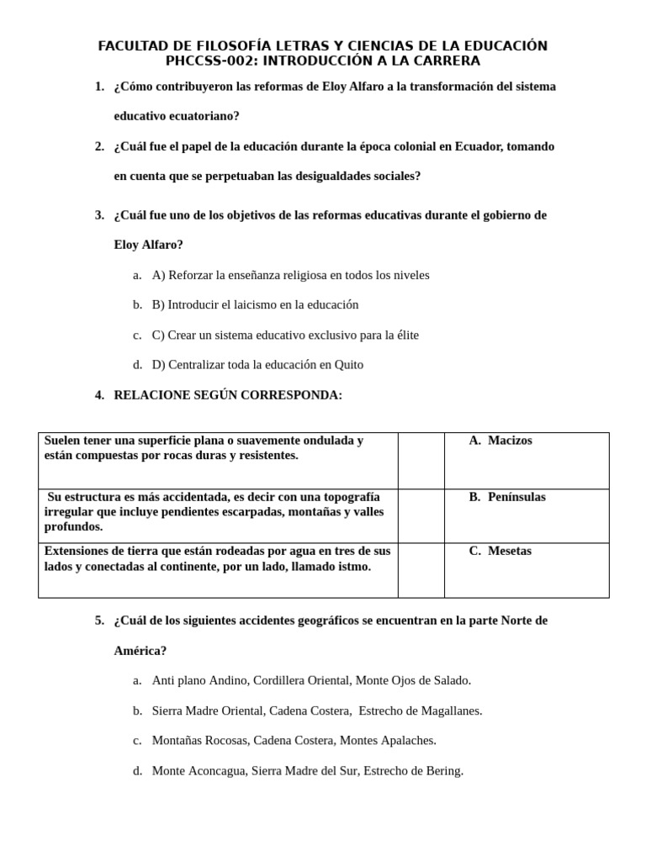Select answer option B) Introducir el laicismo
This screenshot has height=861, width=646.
255,304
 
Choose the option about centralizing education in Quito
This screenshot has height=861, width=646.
257,365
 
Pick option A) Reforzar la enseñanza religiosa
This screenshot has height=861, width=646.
290,275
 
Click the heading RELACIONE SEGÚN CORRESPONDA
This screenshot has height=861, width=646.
228,395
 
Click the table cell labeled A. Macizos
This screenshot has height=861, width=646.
500,441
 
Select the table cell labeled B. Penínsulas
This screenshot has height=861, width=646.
507,497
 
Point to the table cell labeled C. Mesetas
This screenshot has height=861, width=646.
500,552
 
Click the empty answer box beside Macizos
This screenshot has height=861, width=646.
421,460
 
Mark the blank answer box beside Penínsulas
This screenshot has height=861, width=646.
421,515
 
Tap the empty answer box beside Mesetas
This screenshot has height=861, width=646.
421,570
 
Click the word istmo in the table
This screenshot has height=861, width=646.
356,567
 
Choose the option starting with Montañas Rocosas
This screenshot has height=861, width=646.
294,741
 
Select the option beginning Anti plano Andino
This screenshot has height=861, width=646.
311,680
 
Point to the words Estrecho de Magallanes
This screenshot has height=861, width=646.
420,710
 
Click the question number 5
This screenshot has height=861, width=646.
99,621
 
